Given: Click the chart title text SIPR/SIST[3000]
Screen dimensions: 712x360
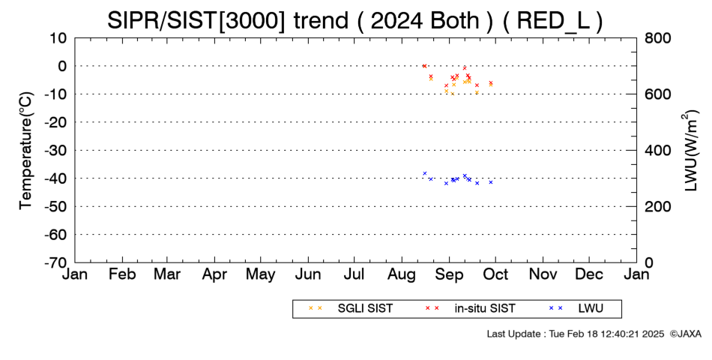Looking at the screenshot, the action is [196, 21].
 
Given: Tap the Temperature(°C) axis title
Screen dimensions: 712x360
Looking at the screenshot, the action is [26, 151].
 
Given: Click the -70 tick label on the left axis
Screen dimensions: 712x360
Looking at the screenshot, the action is [55, 262].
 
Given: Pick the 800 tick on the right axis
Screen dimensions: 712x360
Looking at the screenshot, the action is [656, 37].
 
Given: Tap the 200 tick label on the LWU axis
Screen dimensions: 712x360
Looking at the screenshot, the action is [656, 206].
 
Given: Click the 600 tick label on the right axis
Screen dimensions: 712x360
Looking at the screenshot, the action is [656, 94].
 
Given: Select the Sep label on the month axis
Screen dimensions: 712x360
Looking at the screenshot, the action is [449, 275].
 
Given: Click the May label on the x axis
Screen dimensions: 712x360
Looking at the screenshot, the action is [261, 275].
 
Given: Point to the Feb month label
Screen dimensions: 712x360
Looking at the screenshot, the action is [123, 274].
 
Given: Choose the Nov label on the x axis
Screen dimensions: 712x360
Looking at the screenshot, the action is [543, 274].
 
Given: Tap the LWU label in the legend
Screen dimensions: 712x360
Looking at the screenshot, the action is [591, 309].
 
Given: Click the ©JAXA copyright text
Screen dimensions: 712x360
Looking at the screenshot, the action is [685, 334].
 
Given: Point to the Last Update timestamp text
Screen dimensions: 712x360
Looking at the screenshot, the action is [576, 334].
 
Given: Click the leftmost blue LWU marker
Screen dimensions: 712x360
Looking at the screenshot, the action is [424, 173].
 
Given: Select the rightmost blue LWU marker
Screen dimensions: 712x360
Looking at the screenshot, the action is [491, 182].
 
